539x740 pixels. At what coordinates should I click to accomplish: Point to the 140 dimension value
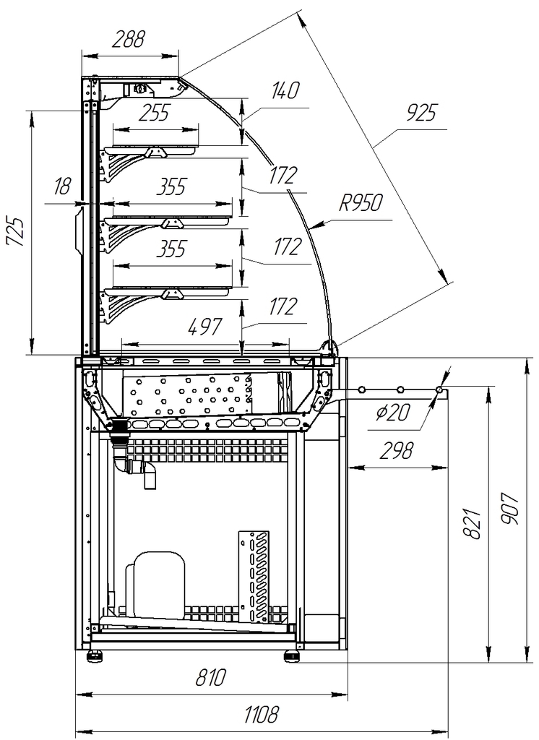click(x=285, y=91)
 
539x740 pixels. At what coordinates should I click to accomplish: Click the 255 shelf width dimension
click(x=153, y=113)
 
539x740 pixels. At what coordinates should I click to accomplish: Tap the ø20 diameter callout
click(x=394, y=413)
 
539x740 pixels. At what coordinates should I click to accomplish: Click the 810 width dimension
click(x=210, y=679)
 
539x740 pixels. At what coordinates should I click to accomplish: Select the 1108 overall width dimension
click(x=261, y=716)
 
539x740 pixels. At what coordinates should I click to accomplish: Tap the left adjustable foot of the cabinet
click(x=95, y=655)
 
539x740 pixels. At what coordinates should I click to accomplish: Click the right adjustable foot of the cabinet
click(x=292, y=655)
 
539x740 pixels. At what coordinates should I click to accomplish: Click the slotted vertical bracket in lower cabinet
click(x=254, y=577)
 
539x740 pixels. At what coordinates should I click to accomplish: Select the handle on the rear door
click(x=79, y=233)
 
